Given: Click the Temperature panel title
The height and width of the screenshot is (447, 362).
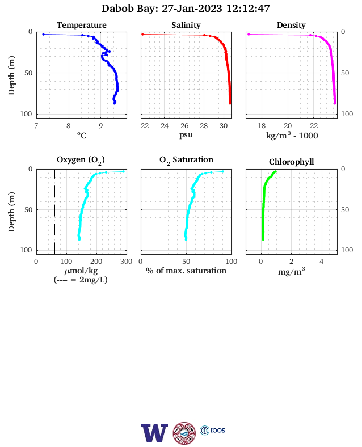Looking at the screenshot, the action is point(82,25).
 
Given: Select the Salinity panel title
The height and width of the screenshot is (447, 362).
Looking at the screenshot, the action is point(186,25).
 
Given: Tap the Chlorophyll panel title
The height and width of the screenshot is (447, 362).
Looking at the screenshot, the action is point(291,162).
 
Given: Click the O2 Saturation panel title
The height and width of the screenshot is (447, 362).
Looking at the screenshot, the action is point(186,160).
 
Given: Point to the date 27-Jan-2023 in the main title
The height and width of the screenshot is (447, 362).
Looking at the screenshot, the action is point(192,9).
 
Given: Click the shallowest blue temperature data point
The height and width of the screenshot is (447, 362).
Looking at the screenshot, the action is point(43,34).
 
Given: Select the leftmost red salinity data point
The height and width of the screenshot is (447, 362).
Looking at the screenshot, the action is point(143,34).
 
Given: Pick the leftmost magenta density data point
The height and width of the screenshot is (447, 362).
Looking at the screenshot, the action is point(249,34).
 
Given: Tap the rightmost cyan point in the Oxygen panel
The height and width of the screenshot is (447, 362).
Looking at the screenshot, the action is point(124,171).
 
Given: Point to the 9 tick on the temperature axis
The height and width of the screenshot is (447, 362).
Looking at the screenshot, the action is point(100,126).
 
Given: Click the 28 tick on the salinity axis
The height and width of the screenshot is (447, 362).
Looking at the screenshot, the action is point(204,126).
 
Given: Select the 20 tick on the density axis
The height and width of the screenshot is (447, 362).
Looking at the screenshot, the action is point(288,126).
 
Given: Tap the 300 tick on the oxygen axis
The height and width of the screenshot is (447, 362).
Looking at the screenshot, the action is point(126,262).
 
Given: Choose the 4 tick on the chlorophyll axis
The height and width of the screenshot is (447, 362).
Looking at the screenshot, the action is point(322,262).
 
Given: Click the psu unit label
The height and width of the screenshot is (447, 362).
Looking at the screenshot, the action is point(186,135).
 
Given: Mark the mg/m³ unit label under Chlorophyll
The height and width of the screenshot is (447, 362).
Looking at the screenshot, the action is point(291,271).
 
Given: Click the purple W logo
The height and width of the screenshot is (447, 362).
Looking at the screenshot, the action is point(154,432).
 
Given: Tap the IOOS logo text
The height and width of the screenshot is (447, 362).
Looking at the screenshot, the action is point(218,431).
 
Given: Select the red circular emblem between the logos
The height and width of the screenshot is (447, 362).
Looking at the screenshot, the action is point(184,433).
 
